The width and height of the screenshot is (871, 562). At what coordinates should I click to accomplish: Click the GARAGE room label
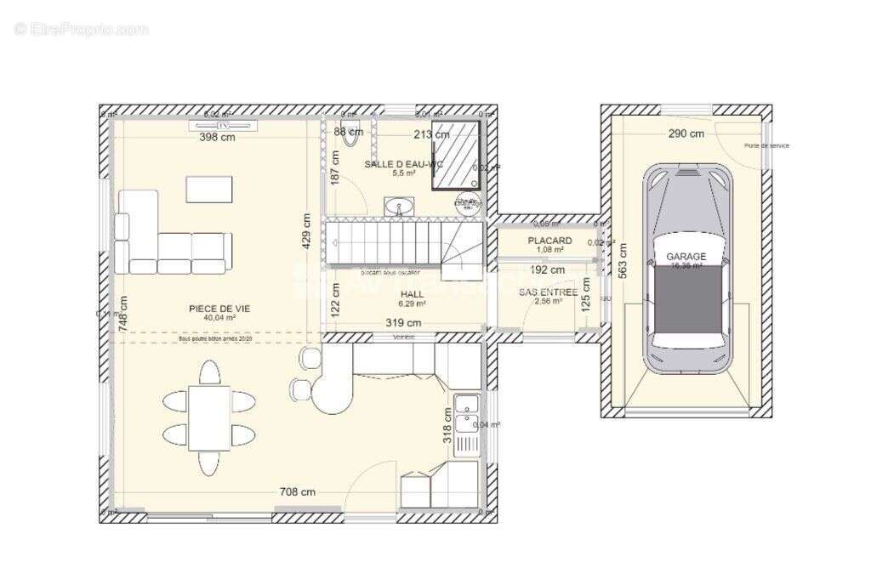click(x=686, y=256)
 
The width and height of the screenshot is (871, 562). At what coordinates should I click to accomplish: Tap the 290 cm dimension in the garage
click(x=686, y=133)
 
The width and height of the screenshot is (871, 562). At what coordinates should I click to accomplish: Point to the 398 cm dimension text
click(x=217, y=137)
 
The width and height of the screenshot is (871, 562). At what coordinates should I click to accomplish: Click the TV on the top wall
click(x=224, y=126)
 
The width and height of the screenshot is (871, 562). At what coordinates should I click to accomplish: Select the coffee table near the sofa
click(x=209, y=189)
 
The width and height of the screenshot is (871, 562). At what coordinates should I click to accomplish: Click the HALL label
click(x=412, y=294)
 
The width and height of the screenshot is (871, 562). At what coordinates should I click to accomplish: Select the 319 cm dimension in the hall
click(x=403, y=323)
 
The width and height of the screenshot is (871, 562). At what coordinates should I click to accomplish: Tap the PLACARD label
click(x=549, y=241)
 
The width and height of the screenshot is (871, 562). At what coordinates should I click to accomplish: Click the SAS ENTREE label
click(x=549, y=292)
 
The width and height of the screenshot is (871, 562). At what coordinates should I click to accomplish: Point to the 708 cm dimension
click(x=299, y=491)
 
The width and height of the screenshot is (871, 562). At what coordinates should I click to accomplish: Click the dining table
click(x=209, y=417)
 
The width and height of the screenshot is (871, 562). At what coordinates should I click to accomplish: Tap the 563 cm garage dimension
click(x=623, y=261)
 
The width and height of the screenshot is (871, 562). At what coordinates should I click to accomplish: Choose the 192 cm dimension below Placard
click(x=548, y=270)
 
